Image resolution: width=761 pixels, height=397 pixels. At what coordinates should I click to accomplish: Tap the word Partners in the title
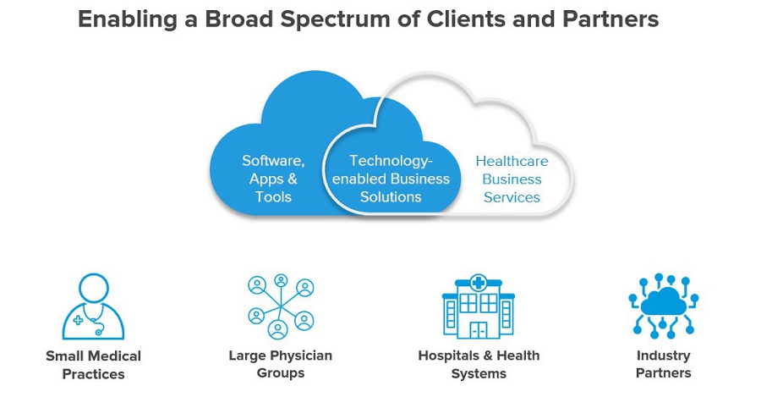(x=607, y=19)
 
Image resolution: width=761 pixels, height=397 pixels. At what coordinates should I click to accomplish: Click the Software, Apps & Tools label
(x=273, y=179)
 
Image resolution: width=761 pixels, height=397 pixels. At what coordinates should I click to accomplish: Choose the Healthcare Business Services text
(x=512, y=179)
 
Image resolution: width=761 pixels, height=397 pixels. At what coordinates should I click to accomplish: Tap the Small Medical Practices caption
(x=93, y=365)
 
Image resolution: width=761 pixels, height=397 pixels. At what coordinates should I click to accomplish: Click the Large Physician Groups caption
(x=280, y=364)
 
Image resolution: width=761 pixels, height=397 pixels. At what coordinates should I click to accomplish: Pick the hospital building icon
(x=479, y=306)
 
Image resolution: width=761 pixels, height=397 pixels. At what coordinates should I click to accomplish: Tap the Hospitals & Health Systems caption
(x=479, y=364)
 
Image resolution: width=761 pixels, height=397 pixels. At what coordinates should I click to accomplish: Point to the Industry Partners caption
(x=664, y=364)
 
